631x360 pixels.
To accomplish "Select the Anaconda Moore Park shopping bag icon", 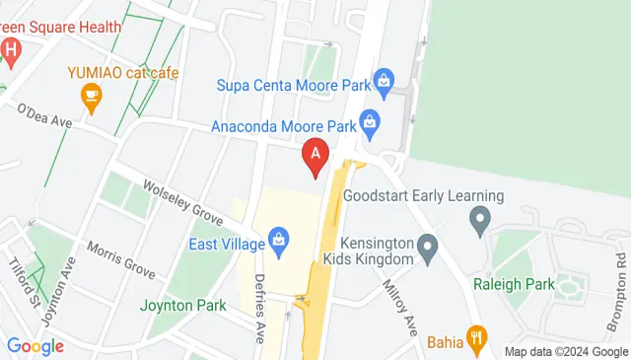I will pyautogui.click(x=369, y=123).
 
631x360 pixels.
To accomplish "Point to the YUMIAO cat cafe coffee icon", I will pyautogui.click(x=92, y=95).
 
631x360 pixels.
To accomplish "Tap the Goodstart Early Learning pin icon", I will pyautogui.click(x=480, y=218).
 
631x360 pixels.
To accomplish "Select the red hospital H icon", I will pyautogui.click(x=10, y=49).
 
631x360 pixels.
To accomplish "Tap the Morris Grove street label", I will pyautogui.click(x=121, y=257).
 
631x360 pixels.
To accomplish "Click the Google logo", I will pyautogui.click(x=35, y=346).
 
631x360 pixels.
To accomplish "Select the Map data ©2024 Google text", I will pyautogui.click(x=566, y=351).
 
